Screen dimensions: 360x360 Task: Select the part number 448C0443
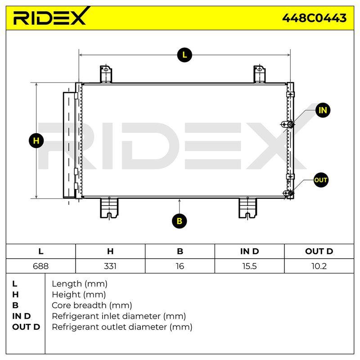pos(314,18)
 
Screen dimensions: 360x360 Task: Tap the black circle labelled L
pos(184,55)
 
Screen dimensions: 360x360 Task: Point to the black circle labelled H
pos(36,140)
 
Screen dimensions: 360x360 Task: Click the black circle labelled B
pos(179,221)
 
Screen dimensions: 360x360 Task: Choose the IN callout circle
pos(323,110)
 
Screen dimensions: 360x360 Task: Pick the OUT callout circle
pos(320,180)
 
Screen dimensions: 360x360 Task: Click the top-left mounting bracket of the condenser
pos(106,74)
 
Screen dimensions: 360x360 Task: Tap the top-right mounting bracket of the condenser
pos(260,74)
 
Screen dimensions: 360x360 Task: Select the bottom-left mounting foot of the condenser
pos(109,208)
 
